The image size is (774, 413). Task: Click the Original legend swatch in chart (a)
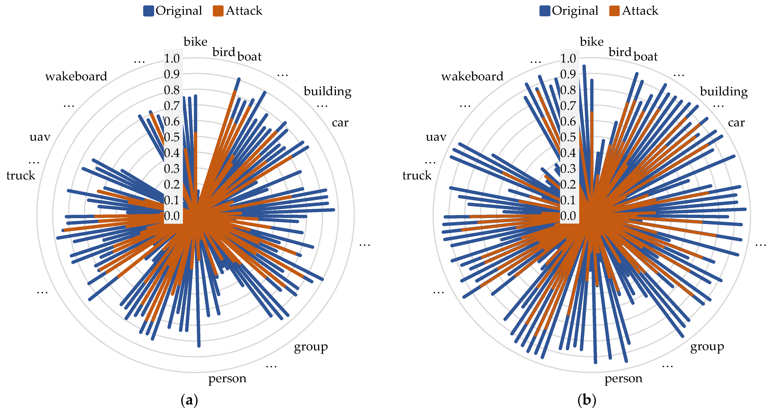[x=148, y=11]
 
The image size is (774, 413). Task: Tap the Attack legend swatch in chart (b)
[x=614, y=11]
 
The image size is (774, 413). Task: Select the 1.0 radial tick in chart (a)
[x=172, y=58]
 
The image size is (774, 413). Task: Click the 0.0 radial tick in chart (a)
[x=172, y=216]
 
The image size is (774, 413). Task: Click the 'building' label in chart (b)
[x=723, y=91]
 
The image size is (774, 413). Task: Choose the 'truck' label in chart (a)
[x=21, y=175]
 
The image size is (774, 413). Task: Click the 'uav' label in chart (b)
[x=436, y=137]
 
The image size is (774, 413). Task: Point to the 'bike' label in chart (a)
[x=195, y=42]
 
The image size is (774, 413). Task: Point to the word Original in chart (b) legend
[x=575, y=11]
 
